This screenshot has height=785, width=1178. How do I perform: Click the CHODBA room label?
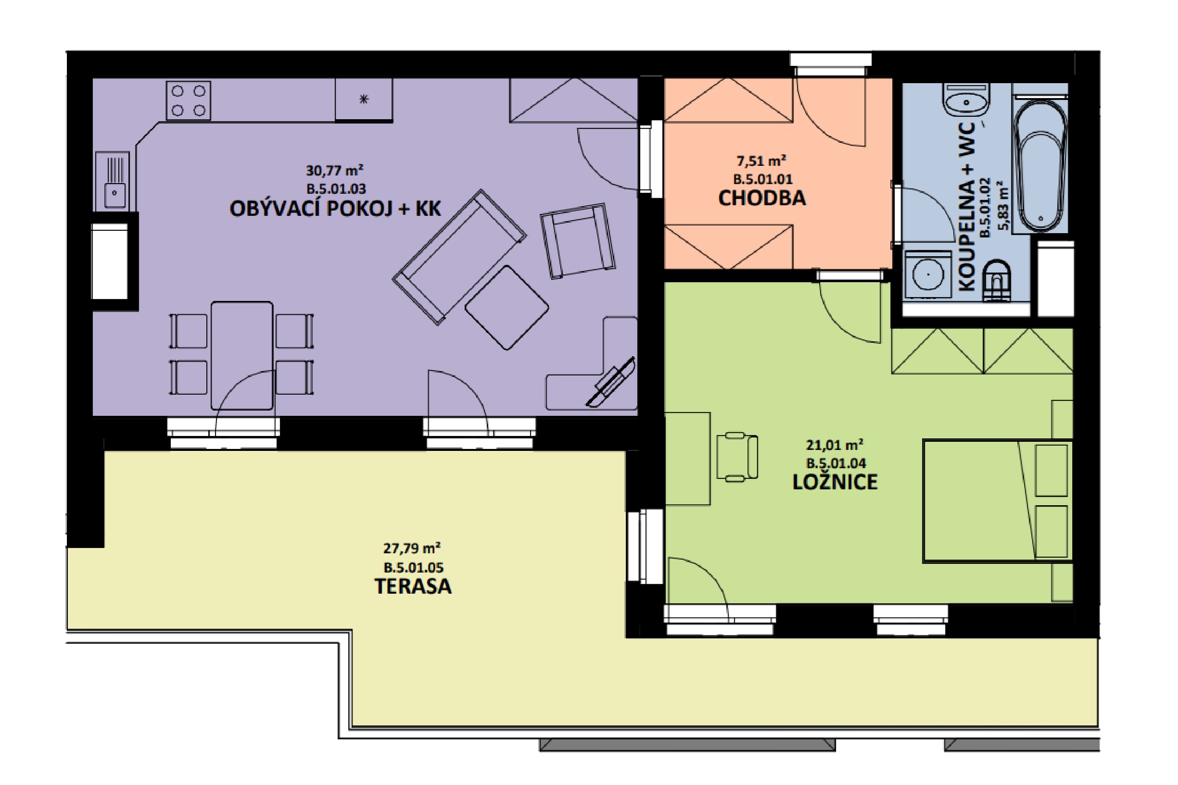point(762,198)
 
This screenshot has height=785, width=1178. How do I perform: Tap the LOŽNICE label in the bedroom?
point(835,482)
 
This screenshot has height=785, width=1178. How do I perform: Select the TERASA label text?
point(413,586)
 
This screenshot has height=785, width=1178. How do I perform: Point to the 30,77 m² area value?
point(335,170)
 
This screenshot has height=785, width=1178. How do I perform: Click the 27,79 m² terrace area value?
point(412,548)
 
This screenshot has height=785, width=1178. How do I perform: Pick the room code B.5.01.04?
point(836,463)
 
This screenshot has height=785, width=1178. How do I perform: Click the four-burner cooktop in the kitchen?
point(189,101)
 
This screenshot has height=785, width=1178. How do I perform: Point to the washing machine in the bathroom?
point(928,274)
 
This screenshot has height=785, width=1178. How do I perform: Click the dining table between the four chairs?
point(242,355)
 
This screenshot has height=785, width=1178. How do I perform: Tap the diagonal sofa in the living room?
point(459,257)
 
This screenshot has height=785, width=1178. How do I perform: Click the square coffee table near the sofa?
point(507,307)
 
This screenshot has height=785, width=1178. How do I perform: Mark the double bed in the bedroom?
point(998,501)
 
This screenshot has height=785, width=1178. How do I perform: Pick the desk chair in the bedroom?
point(737,457)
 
